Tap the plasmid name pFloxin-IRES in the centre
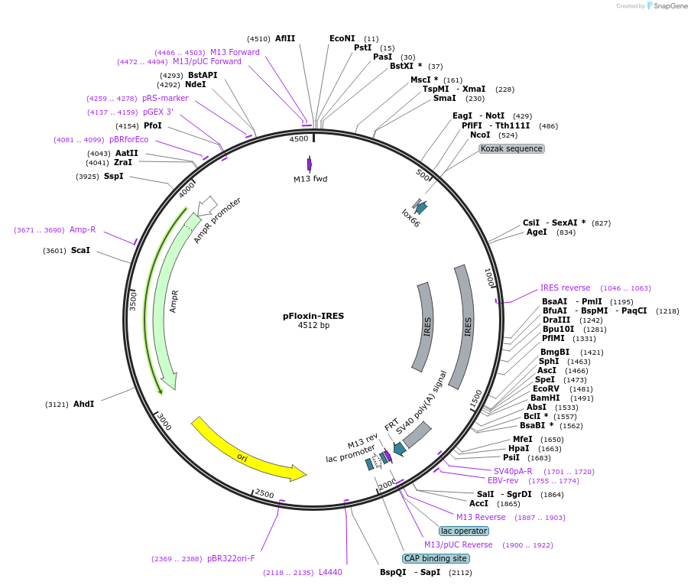313,315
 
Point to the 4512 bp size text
313,325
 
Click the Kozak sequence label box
511,148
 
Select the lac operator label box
463,531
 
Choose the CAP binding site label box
436,558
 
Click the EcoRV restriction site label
547,388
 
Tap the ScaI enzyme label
80,250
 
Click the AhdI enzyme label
84,404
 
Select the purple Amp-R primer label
83,229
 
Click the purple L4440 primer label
330,572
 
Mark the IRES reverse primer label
565,288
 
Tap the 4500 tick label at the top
298,139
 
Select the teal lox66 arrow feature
419,206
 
